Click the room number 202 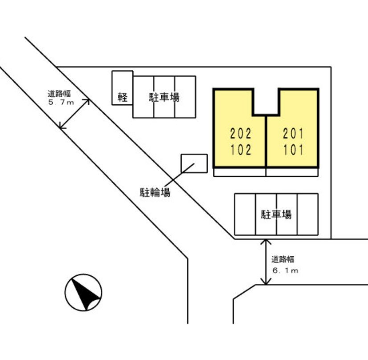(241, 134)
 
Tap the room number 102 (241, 150)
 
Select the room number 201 (293, 134)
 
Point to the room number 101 (293, 150)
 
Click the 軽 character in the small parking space (122, 97)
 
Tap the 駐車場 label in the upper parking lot (164, 97)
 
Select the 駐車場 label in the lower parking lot (276, 214)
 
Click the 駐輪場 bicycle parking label (155, 192)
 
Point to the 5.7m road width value (61, 102)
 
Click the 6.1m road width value (285, 270)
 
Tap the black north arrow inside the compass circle (85, 294)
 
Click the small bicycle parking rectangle (194, 164)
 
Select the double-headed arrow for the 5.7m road (74, 114)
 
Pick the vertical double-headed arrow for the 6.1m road (266, 262)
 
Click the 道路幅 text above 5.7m (59, 94)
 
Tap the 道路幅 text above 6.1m (283, 260)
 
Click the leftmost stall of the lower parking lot (245, 214)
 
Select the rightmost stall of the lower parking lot (308, 214)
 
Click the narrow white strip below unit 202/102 (240, 172)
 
